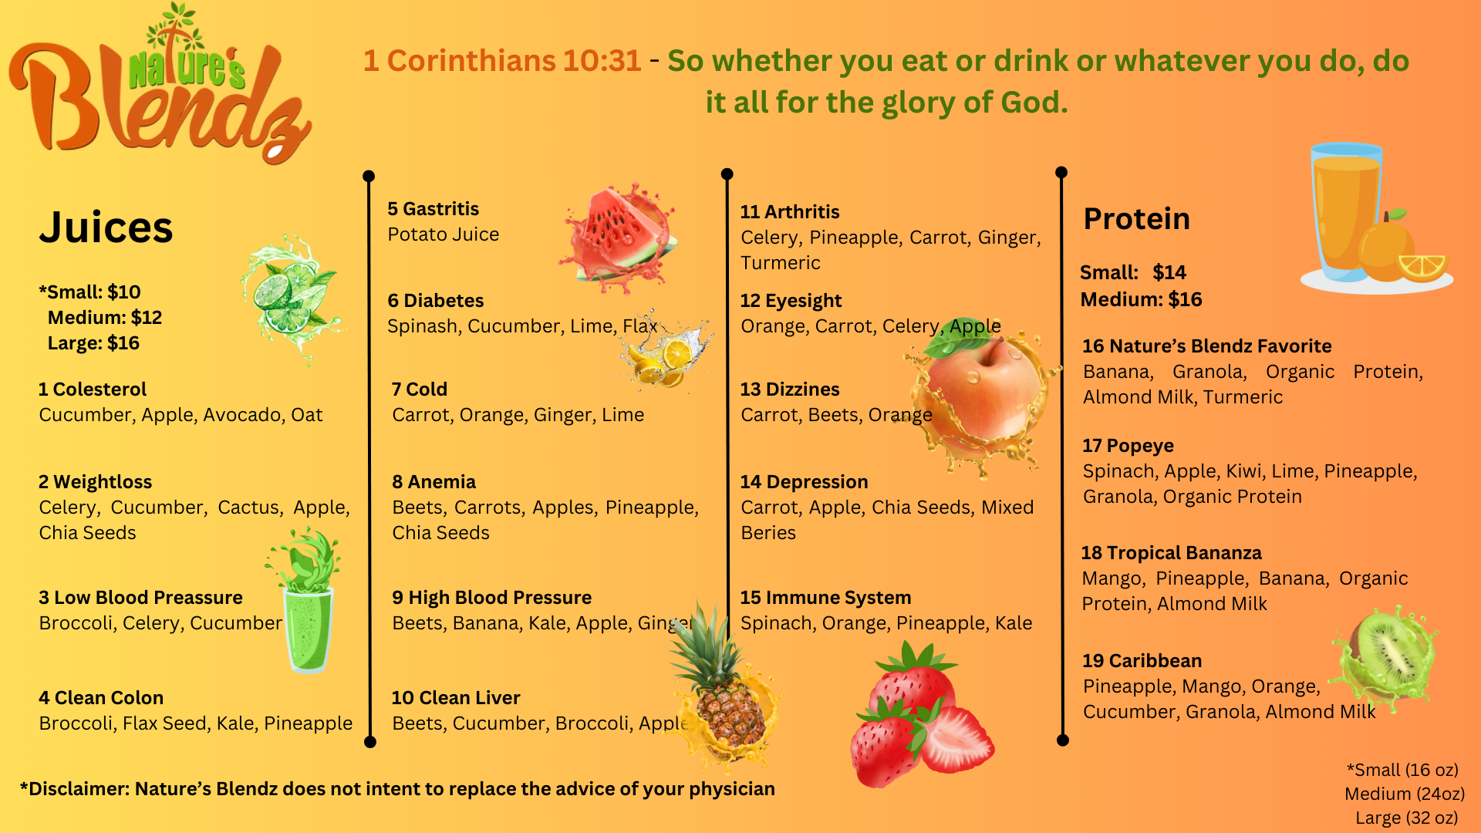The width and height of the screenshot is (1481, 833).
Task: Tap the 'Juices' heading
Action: click(x=106, y=228)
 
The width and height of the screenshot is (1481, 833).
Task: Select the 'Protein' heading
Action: click(x=1136, y=219)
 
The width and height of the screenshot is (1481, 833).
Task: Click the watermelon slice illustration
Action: click(x=619, y=235)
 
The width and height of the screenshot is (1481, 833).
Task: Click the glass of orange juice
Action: click(x=1346, y=212)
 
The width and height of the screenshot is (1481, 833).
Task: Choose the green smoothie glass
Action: click(x=307, y=602)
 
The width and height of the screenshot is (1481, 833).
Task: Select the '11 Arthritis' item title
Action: click(x=790, y=212)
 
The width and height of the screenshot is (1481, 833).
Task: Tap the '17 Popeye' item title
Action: click(x=1128, y=446)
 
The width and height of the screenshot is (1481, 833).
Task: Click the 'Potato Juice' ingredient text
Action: click(x=444, y=234)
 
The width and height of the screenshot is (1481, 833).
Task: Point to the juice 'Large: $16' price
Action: click(x=93, y=343)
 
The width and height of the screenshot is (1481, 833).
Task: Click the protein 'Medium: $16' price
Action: click(x=1141, y=299)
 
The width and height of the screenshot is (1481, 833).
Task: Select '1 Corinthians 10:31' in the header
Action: click(x=502, y=60)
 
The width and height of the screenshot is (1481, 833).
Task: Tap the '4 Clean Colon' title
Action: click(x=101, y=698)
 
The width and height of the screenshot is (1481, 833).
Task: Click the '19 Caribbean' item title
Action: click(x=1142, y=661)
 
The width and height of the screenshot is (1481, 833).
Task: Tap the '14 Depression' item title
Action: click(x=805, y=482)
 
